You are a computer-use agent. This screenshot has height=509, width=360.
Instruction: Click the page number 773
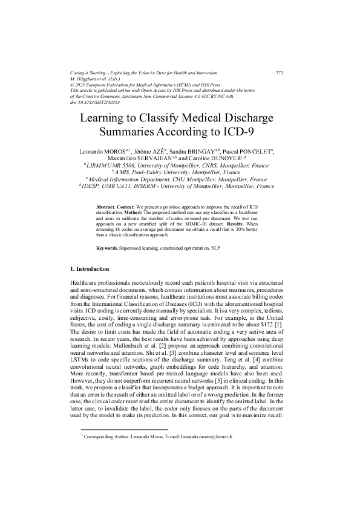click(279, 73)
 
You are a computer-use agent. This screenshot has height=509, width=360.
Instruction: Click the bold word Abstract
click(106, 207)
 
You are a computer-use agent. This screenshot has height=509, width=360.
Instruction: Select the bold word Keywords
click(110, 248)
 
